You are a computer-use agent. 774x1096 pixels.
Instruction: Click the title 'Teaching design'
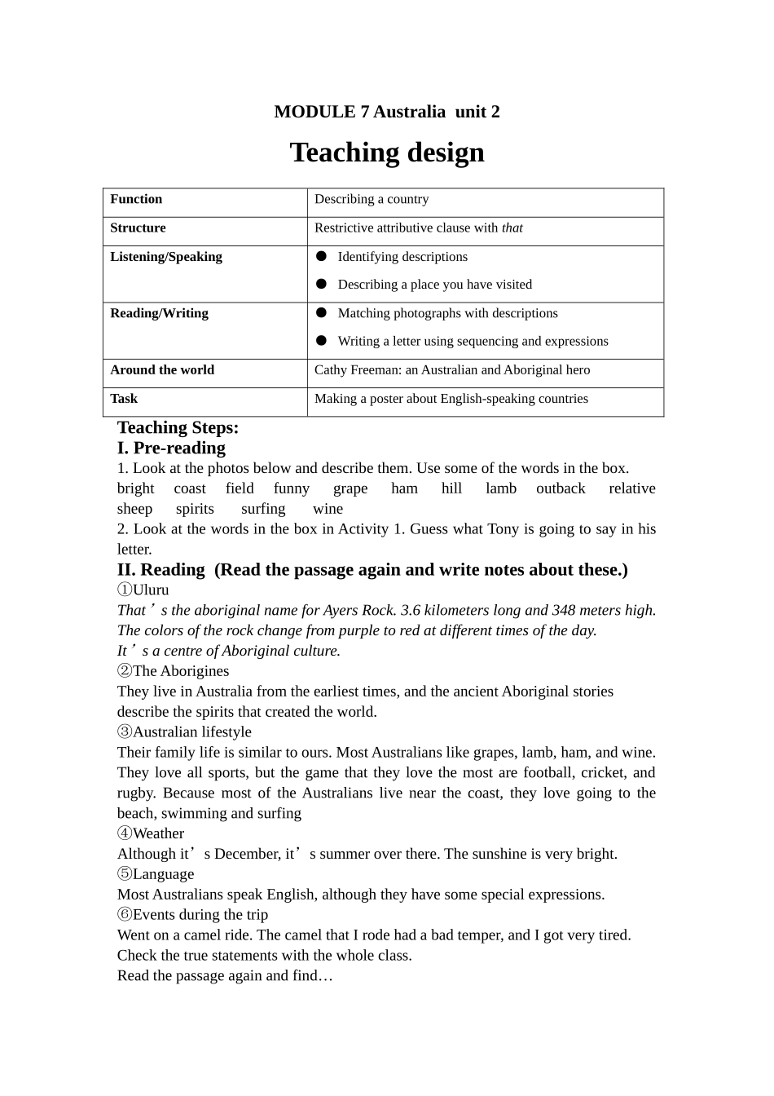[x=387, y=152]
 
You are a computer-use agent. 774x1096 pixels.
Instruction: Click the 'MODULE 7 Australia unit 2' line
[x=387, y=112]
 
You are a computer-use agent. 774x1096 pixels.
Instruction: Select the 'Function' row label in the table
[x=136, y=199]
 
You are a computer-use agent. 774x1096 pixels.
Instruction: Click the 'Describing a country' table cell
[x=372, y=199]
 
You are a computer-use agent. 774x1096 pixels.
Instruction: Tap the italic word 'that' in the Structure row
[x=512, y=228]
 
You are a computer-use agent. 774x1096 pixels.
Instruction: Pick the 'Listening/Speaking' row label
[x=166, y=257]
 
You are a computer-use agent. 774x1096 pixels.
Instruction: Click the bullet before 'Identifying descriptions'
[x=321, y=256]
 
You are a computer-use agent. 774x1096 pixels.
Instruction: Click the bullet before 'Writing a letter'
[x=321, y=341]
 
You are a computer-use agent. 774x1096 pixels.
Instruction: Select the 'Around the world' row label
[x=162, y=369]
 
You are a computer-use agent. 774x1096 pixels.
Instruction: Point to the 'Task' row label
[x=124, y=399]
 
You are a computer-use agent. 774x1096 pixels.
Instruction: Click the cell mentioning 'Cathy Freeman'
[x=452, y=369]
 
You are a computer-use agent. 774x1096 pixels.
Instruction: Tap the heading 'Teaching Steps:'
[x=178, y=427]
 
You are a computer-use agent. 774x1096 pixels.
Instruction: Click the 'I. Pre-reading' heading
[x=171, y=448]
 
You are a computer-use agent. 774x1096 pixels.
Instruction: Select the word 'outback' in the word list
[x=561, y=488]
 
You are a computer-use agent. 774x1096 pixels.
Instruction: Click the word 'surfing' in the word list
[x=263, y=509]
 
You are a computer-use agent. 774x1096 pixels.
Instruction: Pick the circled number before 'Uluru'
[x=124, y=590]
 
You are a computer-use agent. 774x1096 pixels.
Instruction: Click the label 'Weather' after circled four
[x=158, y=833]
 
